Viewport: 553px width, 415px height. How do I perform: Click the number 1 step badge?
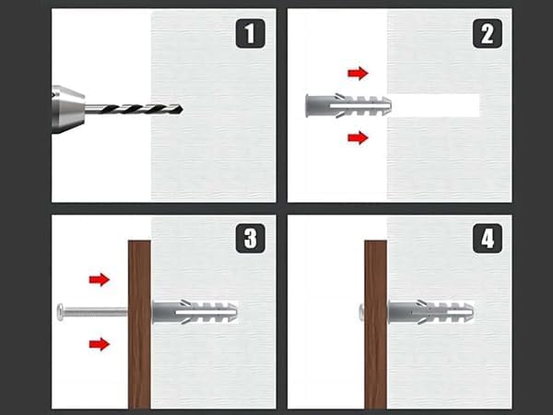coord(250,33)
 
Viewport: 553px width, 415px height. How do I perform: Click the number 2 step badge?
coord(487,33)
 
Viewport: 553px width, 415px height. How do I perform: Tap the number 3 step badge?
coord(250,238)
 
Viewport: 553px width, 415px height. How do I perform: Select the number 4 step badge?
coord(487,238)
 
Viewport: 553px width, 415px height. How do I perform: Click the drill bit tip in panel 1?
coord(182,110)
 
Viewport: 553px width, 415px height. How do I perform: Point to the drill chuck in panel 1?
coord(67,109)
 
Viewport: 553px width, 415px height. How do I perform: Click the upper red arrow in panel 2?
coord(358,74)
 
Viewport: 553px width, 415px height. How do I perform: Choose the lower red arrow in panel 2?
coord(358,137)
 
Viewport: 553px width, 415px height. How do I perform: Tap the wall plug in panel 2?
coord(348,105)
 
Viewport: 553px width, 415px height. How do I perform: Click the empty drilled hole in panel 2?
coord(435,105)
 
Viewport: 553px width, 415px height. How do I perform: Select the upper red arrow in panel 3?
coord(100,279)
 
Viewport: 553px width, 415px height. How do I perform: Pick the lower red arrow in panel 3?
coord(100,344)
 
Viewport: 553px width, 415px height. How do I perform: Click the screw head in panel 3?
coord(60,312)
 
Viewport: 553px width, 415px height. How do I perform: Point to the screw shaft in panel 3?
coord(96,312)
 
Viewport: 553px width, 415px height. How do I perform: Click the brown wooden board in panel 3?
coord(139,325)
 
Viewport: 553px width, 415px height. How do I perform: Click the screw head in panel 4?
coord(361,313)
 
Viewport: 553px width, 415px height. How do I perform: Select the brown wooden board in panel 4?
coord(376,325)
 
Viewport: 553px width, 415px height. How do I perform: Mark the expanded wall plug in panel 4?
coord(430,313)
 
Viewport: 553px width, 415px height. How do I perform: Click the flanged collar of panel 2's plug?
coord(308,105)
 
